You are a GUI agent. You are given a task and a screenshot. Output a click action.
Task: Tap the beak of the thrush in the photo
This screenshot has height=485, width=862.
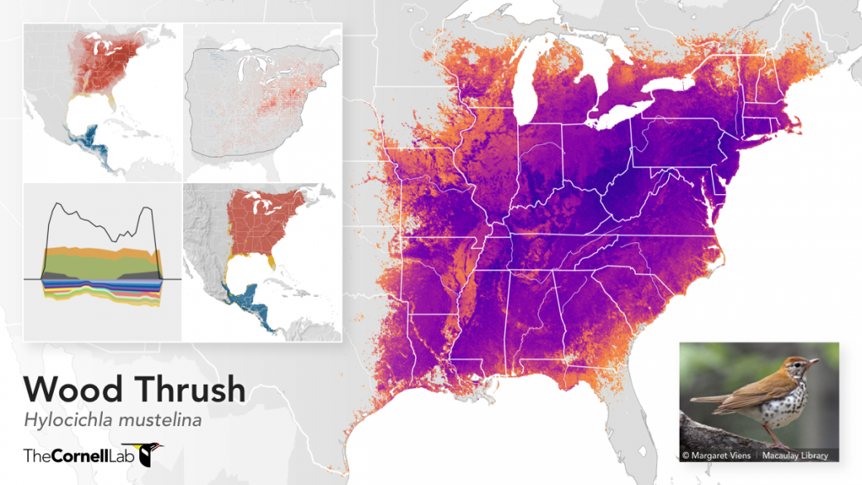tap(816, 361)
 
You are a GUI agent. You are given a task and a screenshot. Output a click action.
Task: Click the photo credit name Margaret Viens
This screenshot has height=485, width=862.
tap(719, 455)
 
